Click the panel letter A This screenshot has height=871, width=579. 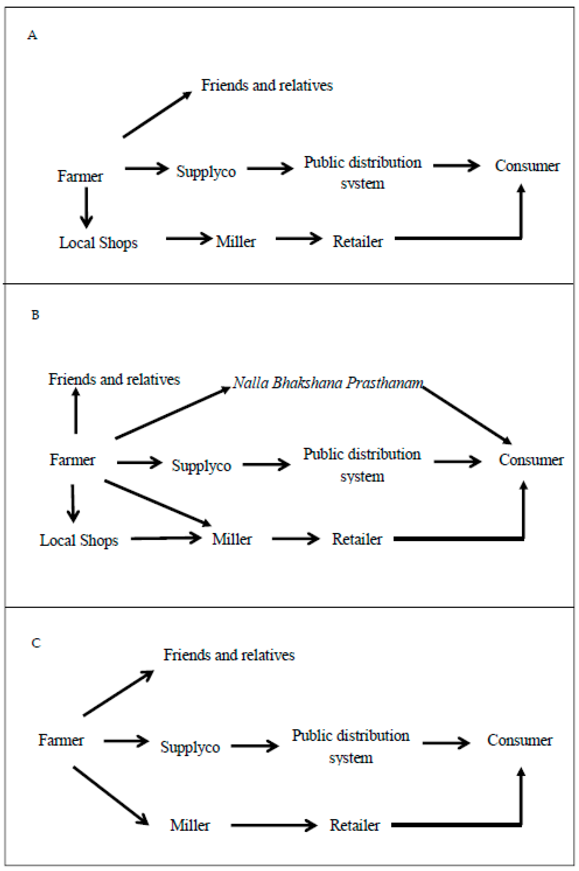(x=32, y=35)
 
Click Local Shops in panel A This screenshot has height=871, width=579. (x=98, y=243)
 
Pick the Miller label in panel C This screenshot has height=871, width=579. (x=190, y=825)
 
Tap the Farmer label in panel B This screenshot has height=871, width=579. (x=72, y=460)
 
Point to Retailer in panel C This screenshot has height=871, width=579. (x=354, y=825)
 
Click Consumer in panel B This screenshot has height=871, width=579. (x=531, y=460)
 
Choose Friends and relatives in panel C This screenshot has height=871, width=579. (x=229, y=655)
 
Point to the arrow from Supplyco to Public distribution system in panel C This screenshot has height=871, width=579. (x=255, y=746)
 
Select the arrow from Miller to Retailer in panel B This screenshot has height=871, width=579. (x=295, y=539)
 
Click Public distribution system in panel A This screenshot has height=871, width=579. (x=362, y=172)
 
